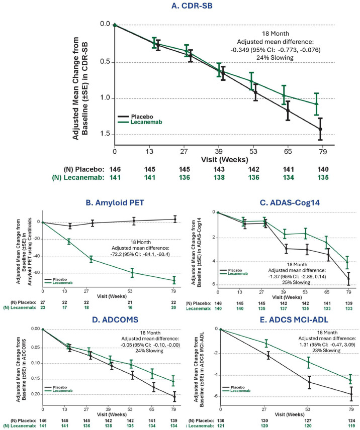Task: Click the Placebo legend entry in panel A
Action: point(144,115)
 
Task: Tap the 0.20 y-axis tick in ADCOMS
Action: point(34,394)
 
